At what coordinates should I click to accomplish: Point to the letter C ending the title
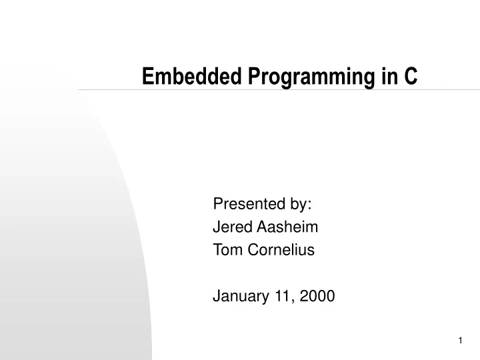[x=411, y=77]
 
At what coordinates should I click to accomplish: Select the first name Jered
[x=230, y=227]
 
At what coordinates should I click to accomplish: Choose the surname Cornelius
[x=279, y=250]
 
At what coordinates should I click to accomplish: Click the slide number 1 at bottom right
[x=461, y=341]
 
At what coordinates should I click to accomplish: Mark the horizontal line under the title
[x=267, y=89]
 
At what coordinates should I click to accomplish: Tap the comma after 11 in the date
[x=288, y=301]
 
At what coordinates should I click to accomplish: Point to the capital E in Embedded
[x=147, y=77]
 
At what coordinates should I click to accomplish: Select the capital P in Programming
[x=254, y=77]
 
